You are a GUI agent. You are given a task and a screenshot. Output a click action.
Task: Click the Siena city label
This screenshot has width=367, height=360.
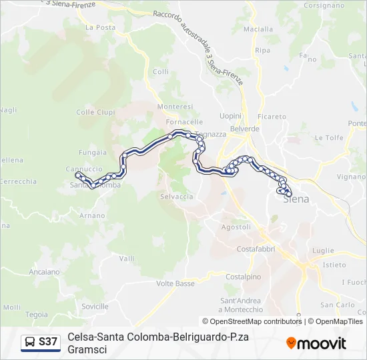pyautogui.click(x=296, y=199)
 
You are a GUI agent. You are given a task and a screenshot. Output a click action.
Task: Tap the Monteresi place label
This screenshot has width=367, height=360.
pyautogui.click(x=175, y=107)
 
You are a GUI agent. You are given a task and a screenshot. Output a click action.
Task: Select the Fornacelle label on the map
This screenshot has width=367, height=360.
pyautogui.click(x=185, y=122)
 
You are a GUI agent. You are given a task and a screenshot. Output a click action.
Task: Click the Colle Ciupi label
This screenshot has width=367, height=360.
pyautogui.click(x=95, y=112)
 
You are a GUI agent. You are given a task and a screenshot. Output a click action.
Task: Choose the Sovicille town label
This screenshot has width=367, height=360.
pyautogui.click(x=93, y=306)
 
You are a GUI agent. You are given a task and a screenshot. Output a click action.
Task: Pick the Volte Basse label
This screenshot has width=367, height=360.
pyautogui.click(x=175, y=283)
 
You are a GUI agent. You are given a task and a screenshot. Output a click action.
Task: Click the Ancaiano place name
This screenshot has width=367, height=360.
pyautogui.click(x=44, y=272)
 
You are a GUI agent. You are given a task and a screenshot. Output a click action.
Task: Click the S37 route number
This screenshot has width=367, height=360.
pyautogui.click(x=48, y=342)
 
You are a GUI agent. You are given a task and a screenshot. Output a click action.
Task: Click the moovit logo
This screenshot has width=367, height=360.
pyautogui.click(x=316, y=343)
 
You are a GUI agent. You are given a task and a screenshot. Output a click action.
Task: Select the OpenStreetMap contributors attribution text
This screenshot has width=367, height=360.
pyautogui.click(x=256, y=321)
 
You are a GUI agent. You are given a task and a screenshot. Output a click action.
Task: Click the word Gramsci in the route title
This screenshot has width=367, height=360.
pyautogui.click(x=87, y=349)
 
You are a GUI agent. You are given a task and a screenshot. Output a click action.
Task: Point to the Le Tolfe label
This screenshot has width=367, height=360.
pyautogui.click(x=328, y=137)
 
